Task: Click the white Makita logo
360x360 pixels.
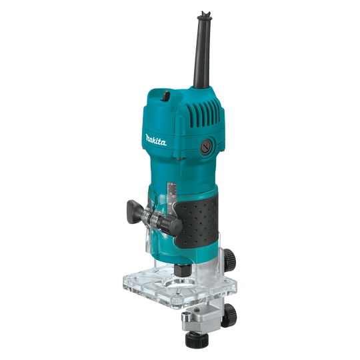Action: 155,139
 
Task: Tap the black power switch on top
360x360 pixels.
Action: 166,96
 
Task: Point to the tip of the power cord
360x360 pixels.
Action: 205,13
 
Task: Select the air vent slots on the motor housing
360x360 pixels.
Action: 203,113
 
